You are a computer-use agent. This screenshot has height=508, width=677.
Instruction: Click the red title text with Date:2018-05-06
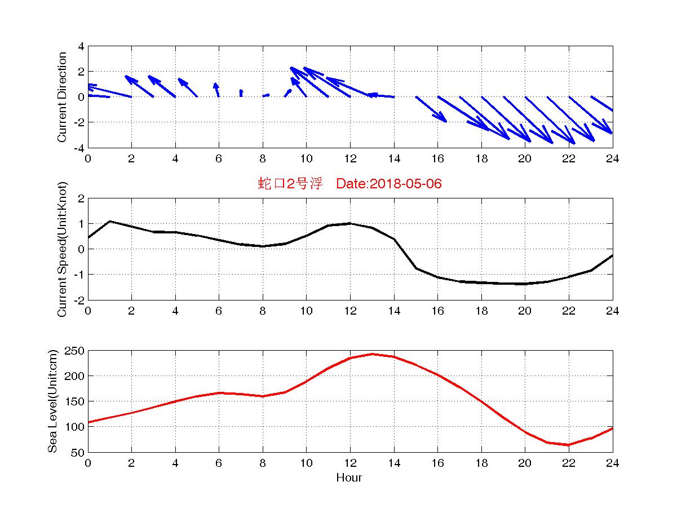349,184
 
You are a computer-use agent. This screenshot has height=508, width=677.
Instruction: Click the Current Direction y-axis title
62,97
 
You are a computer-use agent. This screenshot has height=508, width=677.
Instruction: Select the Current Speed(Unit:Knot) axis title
62,249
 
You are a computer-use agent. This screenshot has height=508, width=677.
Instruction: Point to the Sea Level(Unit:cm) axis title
53,401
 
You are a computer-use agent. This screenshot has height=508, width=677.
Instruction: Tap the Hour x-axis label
349,478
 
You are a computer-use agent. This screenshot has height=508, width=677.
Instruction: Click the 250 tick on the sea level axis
77,351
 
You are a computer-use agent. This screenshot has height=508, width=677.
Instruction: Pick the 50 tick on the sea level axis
79,452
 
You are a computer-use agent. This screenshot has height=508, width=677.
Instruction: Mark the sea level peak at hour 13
372,354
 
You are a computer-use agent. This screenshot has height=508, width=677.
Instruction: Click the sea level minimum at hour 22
569,445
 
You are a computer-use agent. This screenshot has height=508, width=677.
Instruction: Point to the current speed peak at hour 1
110,221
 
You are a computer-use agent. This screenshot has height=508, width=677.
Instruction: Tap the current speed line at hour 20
525,284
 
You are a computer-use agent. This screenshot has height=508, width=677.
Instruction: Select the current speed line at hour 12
350,223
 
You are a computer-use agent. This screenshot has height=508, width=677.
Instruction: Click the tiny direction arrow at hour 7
241,93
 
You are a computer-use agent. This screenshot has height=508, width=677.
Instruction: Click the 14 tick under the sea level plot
393,463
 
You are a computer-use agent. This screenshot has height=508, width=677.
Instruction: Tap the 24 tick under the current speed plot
613,311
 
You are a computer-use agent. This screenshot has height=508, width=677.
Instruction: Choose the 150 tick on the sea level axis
77,401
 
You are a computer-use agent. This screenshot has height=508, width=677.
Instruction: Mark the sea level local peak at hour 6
219,393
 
